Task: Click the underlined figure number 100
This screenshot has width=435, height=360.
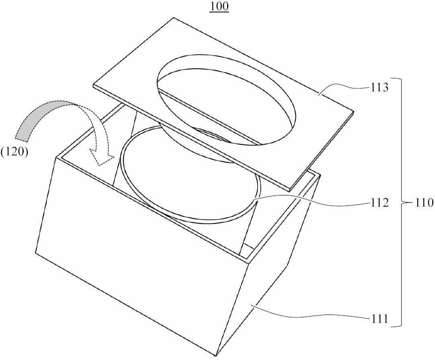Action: click(x=219, y=7)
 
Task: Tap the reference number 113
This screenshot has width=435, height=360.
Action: click(x=379, y=88)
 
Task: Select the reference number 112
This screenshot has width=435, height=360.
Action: click(x=379, y=204)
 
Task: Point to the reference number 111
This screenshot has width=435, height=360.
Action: click(x=379, y=319)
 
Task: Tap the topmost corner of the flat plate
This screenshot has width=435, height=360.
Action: click(x=174, y=18)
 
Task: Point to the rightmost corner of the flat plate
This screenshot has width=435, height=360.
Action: click(x=354, y=111)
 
